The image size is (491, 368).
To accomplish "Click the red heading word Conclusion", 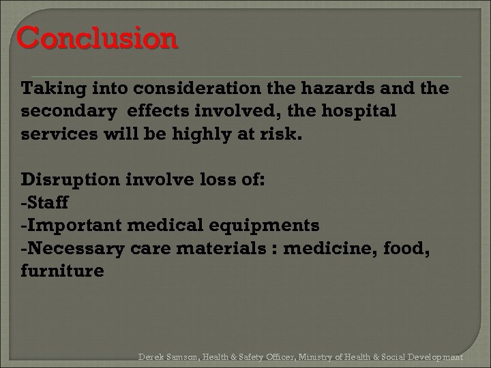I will point(97,39).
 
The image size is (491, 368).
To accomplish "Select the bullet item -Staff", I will point(45,202).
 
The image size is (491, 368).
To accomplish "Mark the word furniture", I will point(63,271).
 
